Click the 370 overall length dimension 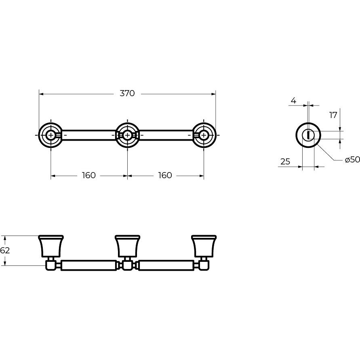[x=127, y=93]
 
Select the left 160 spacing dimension [x=88, y=175]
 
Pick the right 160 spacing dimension [x=165, y=175]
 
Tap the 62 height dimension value [x=5, y=250]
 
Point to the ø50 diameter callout [x=352, y=159]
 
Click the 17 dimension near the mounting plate [x=333, y=115]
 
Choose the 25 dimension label [x=285, y=162]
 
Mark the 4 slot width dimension [x=293, y=101]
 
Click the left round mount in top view [x=50, y=135]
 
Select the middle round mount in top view [x=127, y=135]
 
